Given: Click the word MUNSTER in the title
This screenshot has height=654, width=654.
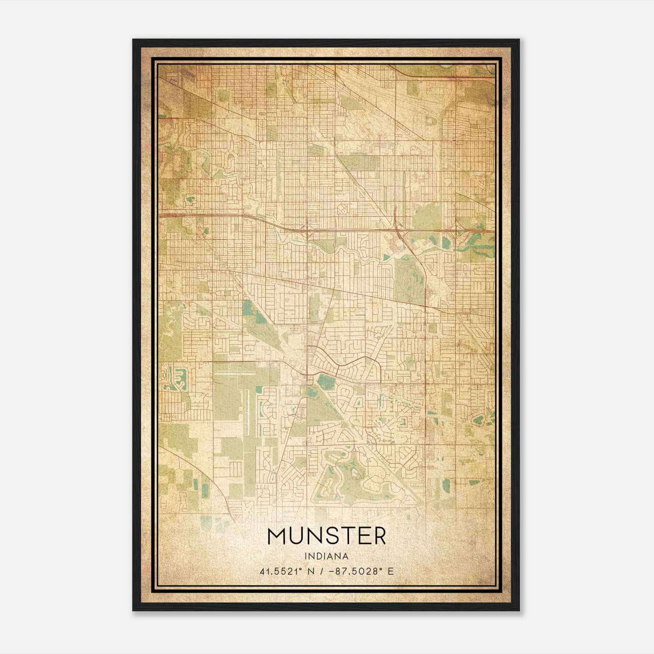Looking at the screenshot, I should [326, 536].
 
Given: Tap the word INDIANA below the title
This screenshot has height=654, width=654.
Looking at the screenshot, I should [326, 556].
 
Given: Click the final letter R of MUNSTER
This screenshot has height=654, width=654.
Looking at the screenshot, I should [379, 536].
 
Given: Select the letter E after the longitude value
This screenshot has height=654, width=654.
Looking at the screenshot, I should [391, 571].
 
